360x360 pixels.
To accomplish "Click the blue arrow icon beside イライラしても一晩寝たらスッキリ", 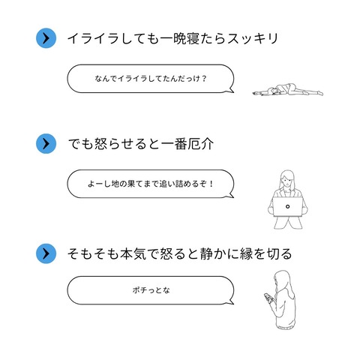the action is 46,38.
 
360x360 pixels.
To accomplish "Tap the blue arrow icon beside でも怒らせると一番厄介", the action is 46,144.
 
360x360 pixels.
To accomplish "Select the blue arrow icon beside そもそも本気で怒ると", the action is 46,253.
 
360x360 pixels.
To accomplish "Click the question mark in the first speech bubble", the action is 204,79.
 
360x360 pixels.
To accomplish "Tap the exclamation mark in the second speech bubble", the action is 211,184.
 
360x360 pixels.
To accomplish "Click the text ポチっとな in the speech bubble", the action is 151,290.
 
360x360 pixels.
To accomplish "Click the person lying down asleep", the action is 287,90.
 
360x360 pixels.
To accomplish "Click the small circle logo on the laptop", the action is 287,206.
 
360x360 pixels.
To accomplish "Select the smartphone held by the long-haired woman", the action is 268,298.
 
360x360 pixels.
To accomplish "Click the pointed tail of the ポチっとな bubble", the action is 232,303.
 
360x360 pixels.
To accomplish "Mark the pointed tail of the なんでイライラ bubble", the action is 232,91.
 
